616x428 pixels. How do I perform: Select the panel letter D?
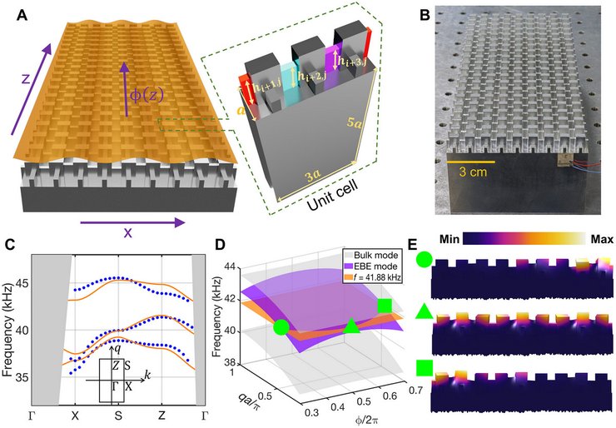tap(218, 247)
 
